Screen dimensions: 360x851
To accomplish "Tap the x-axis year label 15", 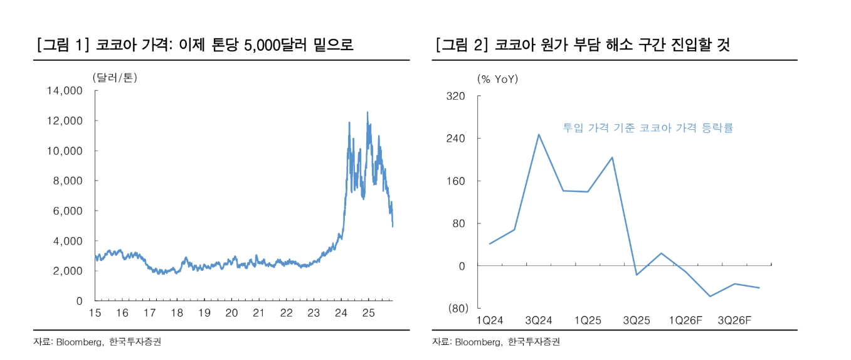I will point(95,313).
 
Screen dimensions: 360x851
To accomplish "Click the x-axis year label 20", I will point(231,313).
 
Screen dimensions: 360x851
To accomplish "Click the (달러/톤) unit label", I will point(114,78).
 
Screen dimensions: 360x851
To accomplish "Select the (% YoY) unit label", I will point(498,79).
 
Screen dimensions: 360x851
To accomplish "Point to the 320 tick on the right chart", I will point(456,96).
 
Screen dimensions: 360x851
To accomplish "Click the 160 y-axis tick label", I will point(456,181).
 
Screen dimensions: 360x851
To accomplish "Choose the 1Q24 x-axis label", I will point(490,320).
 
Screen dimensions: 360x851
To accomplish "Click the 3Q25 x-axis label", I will point(637,320).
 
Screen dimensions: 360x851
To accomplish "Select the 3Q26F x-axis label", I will point(734,320).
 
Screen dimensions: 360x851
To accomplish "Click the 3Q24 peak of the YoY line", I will point(539,134).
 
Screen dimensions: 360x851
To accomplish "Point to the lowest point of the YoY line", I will point(710,296).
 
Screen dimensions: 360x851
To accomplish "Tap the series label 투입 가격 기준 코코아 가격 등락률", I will point(648,128).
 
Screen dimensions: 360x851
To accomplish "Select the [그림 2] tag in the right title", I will point(460,45).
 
